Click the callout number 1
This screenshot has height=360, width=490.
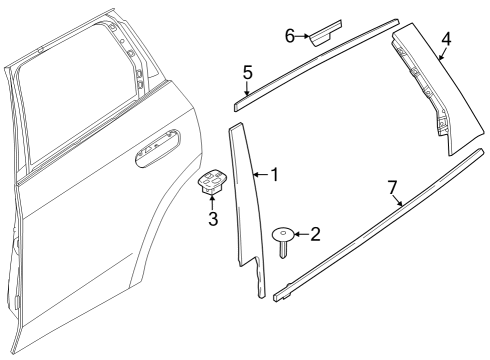pos(274,175)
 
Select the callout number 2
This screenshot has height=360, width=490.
pos(316,235)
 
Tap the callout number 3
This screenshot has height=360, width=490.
pos(213,218)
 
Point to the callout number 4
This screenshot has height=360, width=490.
pos(446,40)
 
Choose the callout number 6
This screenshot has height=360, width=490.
pos(290,35)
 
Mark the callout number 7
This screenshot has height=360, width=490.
pos(393,187)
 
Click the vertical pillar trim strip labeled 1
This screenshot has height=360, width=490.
pos(247,200)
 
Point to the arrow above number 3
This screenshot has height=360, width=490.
pos(213,203)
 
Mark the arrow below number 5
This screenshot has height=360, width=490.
pos(246,87)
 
